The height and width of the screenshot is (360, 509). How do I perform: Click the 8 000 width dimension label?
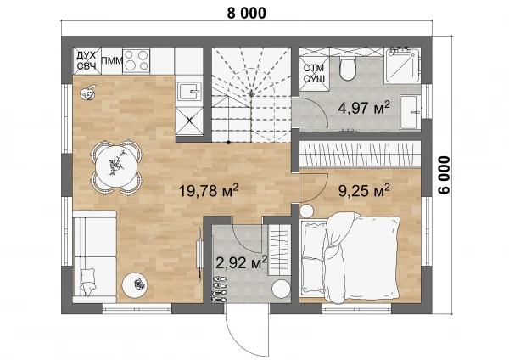(246, 14)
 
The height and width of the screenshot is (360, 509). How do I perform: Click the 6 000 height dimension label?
(444, 175)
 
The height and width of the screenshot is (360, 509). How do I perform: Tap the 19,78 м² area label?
(209, 190)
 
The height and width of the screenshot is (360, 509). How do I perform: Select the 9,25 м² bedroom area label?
(364, 190)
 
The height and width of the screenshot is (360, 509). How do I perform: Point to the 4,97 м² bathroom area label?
(364, 108)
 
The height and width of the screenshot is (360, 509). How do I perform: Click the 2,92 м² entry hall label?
(242, 262)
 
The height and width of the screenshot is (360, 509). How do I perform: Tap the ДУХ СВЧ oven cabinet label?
(87, 61)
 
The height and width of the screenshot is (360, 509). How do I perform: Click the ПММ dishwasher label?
(112, 61)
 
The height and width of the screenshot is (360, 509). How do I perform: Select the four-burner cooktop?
(137, 61)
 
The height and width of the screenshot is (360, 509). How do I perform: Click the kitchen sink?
(189, 92)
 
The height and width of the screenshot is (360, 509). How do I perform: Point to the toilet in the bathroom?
(347, 69)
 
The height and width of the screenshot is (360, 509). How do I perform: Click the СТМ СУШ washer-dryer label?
(314, 73)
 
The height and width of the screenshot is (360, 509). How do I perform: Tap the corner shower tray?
(402, 65)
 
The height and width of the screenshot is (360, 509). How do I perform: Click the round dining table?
(116, 166)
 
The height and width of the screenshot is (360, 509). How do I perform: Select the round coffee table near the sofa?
(135, 285)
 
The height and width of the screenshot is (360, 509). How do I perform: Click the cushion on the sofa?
(87, 281)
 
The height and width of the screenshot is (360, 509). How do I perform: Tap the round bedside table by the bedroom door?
(306, 211)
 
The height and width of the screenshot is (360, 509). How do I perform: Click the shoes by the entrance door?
(219, 290)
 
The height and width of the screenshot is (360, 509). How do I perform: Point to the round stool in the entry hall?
(281, 290)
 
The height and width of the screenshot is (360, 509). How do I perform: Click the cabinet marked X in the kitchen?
(189, 121)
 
